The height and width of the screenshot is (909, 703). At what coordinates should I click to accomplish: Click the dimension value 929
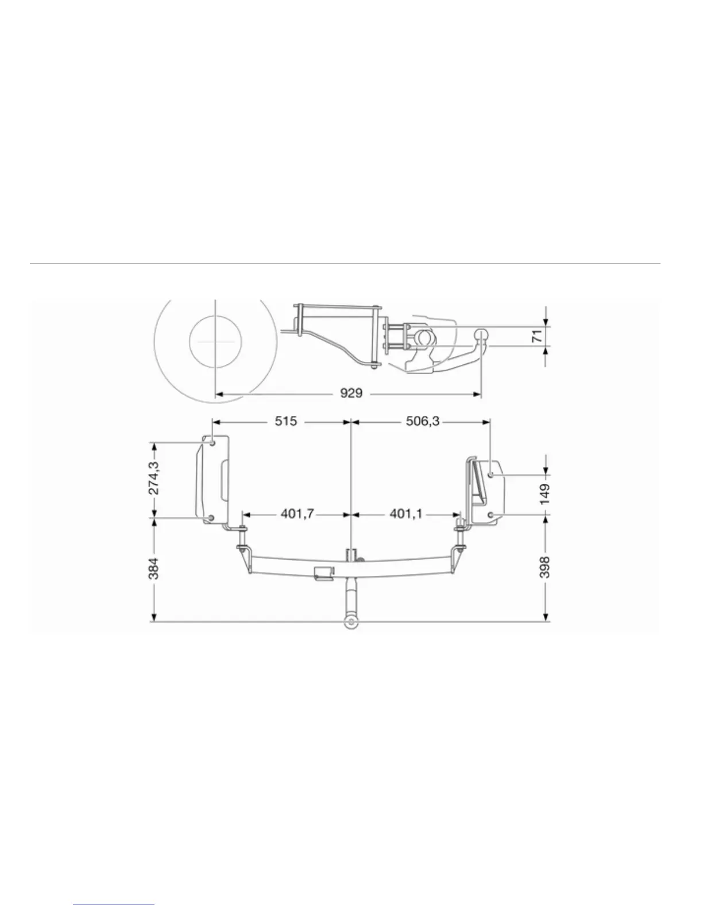351,393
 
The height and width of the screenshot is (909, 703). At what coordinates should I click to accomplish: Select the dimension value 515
285,421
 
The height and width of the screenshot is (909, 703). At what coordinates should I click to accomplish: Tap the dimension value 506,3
423,421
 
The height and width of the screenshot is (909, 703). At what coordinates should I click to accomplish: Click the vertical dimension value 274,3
154,478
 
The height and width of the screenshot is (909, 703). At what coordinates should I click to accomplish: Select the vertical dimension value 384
154,569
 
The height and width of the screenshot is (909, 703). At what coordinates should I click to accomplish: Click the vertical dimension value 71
537,336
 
